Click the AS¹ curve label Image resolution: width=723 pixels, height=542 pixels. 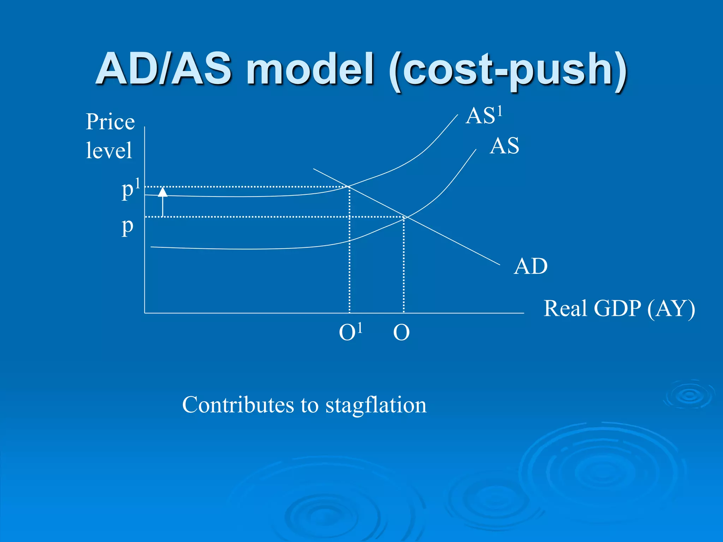click(x=483, y=116)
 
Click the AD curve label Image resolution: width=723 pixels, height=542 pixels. click(x=530, y=266)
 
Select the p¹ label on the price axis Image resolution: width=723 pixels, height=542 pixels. click(x=130, y=189)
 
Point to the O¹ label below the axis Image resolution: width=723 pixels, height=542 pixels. click(x=350, y=332)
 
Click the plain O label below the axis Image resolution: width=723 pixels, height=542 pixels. click(x=401, y=332)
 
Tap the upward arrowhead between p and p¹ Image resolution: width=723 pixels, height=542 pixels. click(x=162, y=192)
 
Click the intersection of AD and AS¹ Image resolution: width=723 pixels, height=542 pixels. click(x=349, y=186)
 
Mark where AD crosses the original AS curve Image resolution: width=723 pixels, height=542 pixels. click(x=406, y=217)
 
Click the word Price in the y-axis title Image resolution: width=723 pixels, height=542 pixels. click(x=110, y=122)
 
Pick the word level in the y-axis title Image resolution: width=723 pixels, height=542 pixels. click(x=109, y=150)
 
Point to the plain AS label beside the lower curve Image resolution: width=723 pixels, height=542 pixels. click(x=504, y=146)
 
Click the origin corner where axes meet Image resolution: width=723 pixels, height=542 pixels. click(x=145, y=313)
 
